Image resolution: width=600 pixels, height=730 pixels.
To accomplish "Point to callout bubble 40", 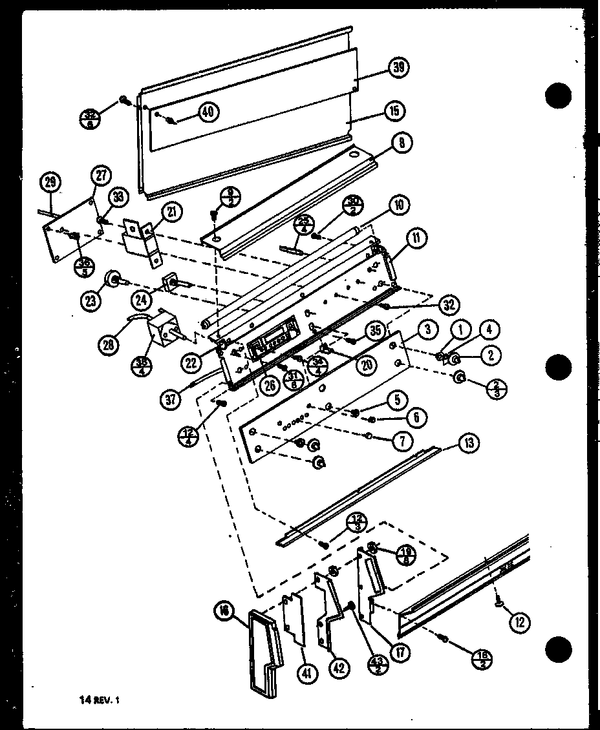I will point(207,112).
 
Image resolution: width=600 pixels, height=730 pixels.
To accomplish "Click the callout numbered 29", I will point(48,183).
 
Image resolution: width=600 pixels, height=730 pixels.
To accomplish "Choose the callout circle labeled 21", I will point(173,211).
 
